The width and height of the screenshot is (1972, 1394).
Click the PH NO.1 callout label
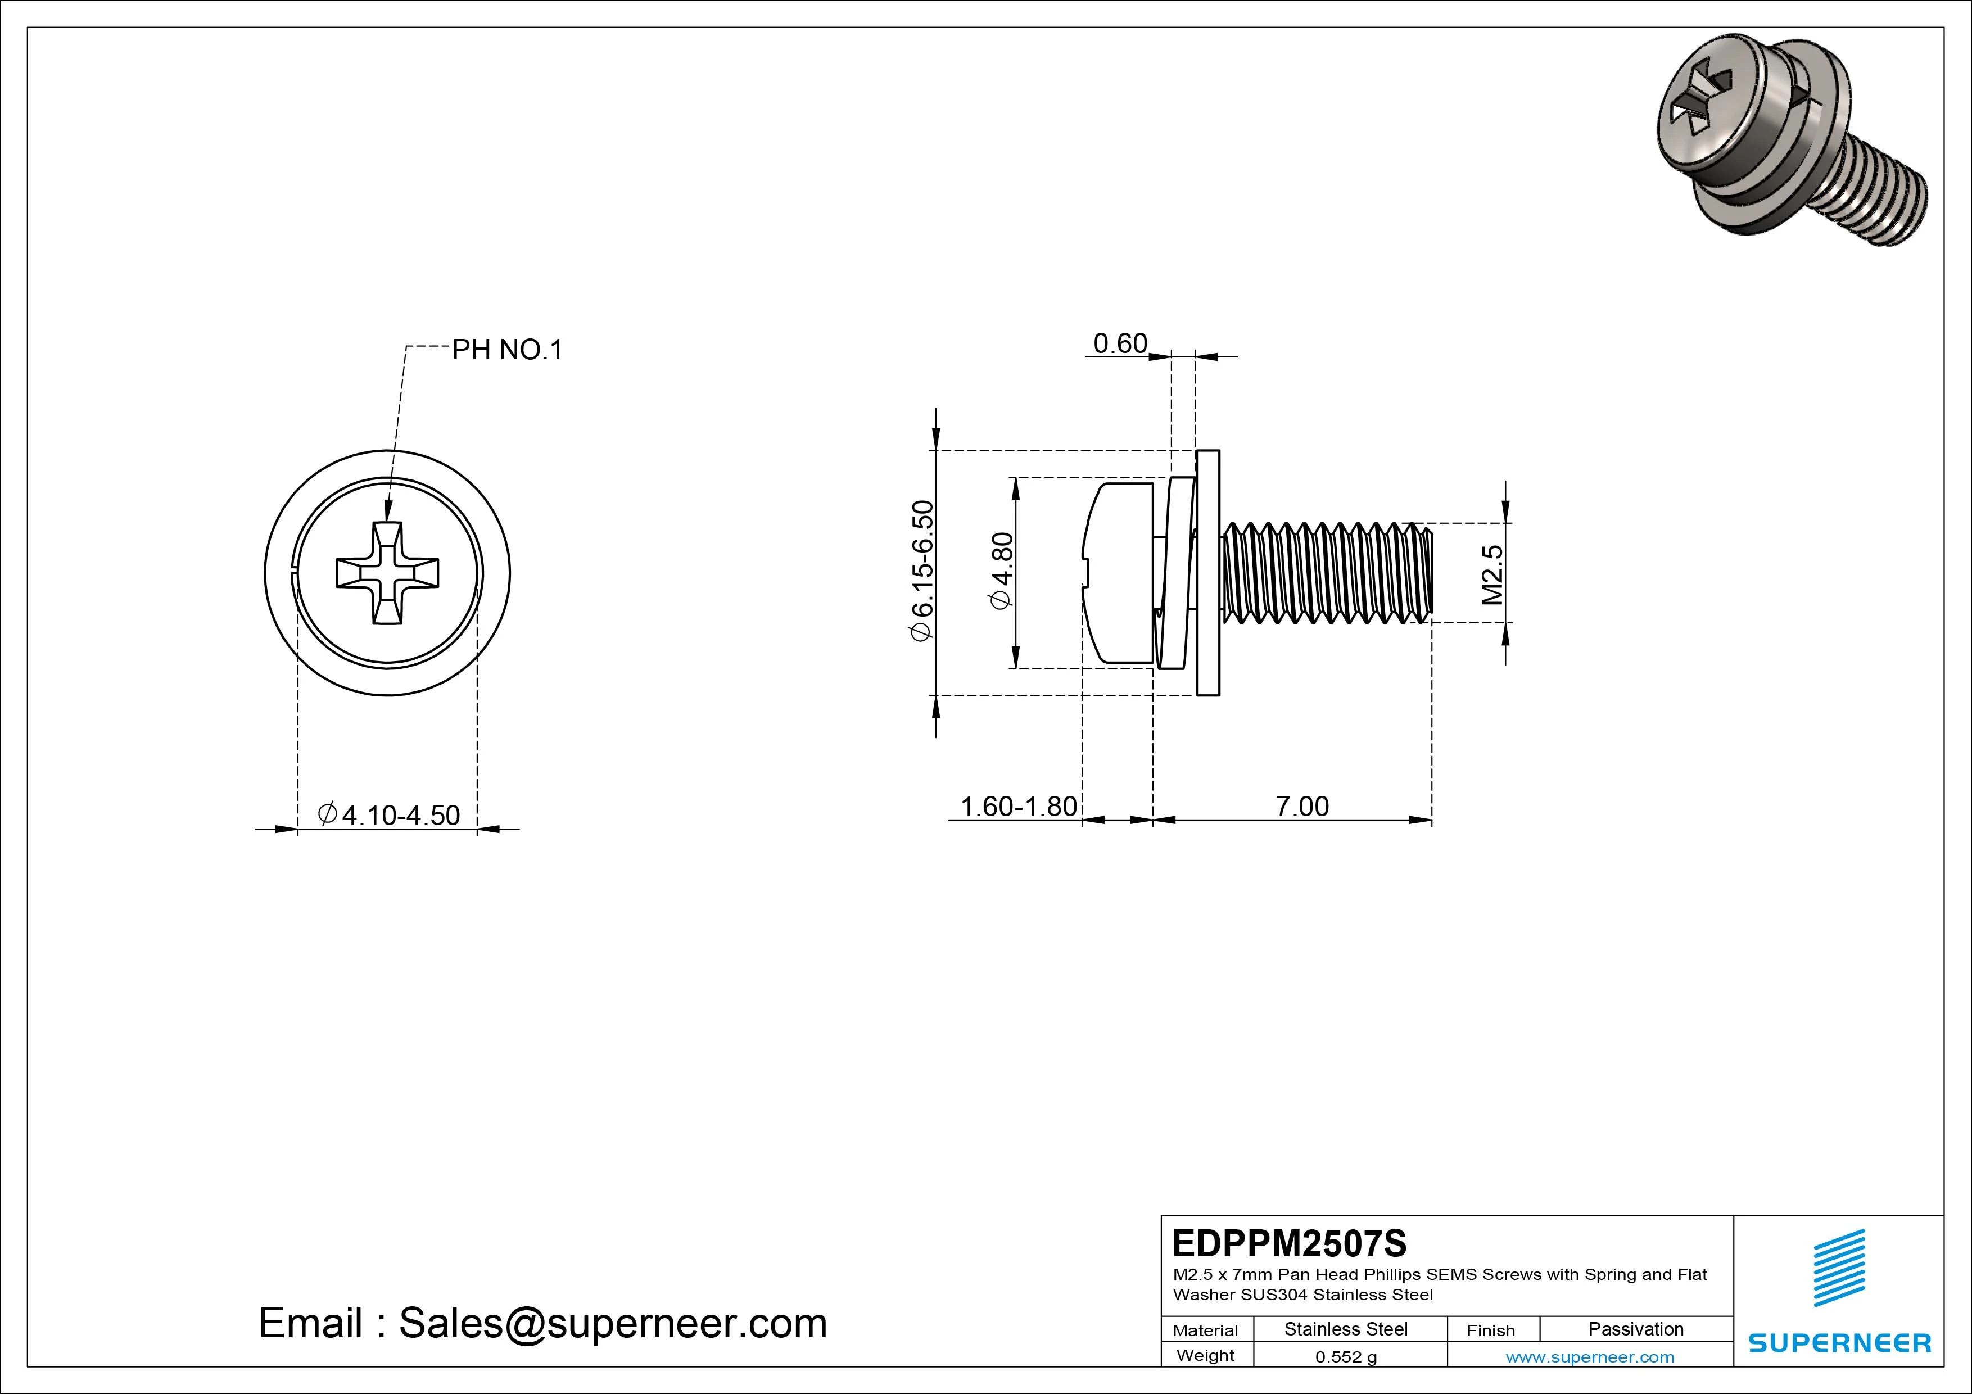(506, 350)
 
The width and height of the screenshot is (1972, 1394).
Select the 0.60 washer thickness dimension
(1120, 343)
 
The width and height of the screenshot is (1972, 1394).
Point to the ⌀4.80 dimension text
(1002, 571)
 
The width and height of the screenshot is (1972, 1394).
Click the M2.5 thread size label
(1492, 574)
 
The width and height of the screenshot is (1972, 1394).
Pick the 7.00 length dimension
(1302, 807)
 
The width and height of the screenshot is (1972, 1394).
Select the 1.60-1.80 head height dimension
(1018, 807)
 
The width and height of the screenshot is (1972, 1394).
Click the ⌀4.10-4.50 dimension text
(389, 814)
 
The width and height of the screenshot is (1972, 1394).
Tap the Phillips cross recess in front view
(387, 573)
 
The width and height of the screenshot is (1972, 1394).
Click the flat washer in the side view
(1207, 573)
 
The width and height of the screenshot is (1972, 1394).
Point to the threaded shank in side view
(1327, 573)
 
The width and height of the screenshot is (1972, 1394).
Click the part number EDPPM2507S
(1289, 1243)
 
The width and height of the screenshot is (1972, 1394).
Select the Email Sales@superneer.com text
(543, 1323)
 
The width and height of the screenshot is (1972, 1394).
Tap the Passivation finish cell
(1635, 1329)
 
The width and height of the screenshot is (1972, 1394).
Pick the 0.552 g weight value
(1345, 1357)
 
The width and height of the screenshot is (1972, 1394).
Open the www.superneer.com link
(1590, 1357)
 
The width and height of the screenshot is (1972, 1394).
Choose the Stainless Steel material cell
(1345, 1329)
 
